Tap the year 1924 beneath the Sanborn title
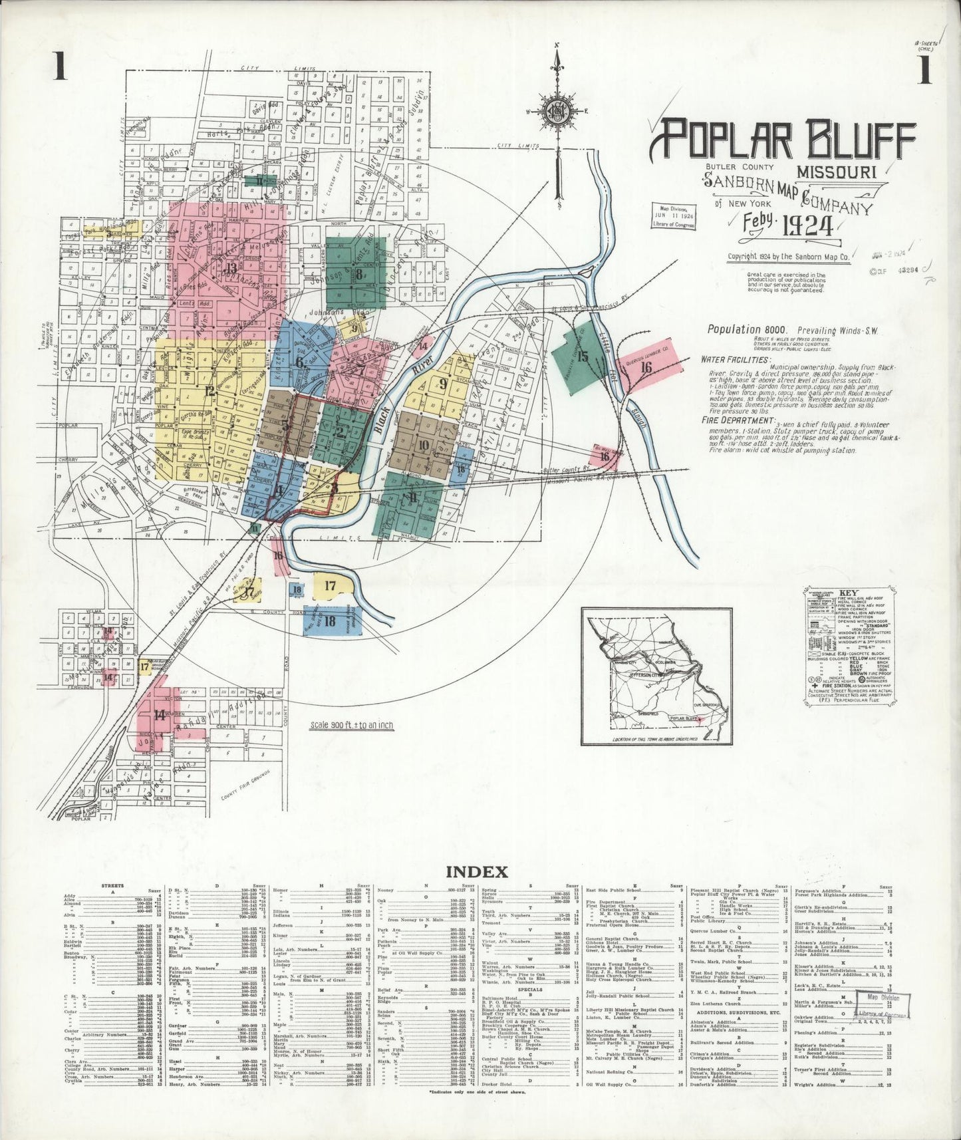click(807, 227)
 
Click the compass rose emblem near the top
click(557, 110)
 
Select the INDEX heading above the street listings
click(477, 871)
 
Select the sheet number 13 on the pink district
click(231, 268)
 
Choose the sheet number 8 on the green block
click(358, 273)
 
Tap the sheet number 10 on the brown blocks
click(423, 445)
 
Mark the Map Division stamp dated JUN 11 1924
click(673, 215)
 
